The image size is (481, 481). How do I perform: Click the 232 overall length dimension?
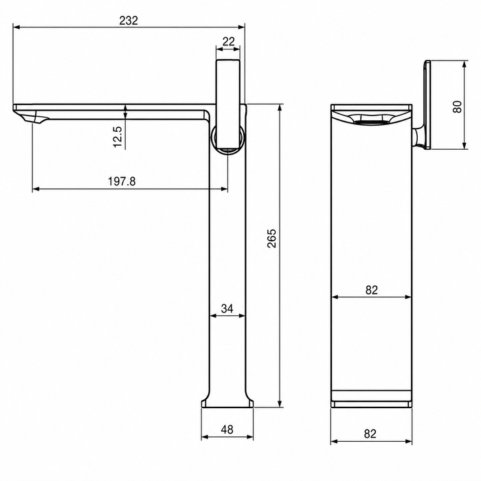[x=129, y=21]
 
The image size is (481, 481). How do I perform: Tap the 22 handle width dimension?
[x=229, y=41]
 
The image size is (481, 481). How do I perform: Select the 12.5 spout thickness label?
[x=118, y=137]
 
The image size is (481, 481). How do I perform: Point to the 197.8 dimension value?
[x=122, y=181]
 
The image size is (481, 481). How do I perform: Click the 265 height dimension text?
[x=271, y=238]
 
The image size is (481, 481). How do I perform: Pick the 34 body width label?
[x=227, y=309]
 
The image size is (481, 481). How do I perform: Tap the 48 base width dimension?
[x=227, y=429]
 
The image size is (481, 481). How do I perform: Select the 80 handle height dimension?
[x=457, y=107]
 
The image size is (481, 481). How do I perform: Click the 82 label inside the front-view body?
[x=372, y=290]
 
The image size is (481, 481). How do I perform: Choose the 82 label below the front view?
[x=370, y=434]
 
